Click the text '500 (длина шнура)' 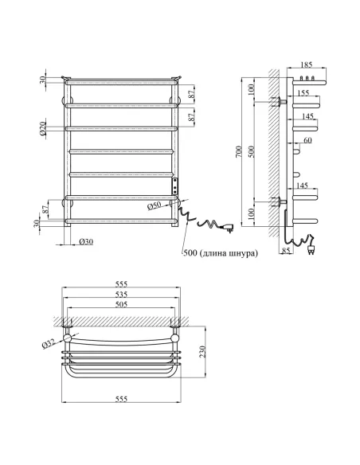pyautogui.click(x=220, y=253)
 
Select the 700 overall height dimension pyautogui.click(x=238, y=151)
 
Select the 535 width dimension pyautogui.click(x=121, y=294)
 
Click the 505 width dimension pyautogui.click(x=121, y=303)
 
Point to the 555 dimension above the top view pyautogui.click(x=121, y=283)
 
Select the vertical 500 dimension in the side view pyautogui.click(x=254, y=151)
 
